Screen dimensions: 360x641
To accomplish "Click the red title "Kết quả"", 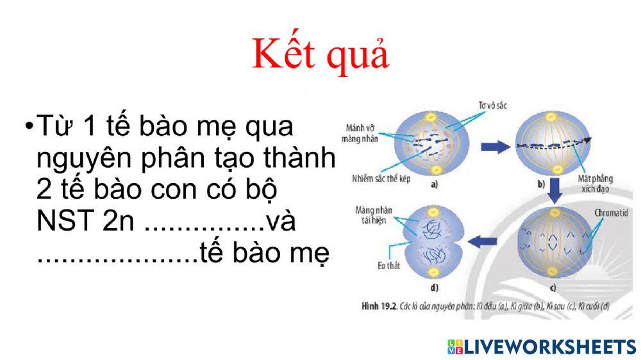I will (320, 54).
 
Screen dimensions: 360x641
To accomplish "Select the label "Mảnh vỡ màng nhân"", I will (361, 133).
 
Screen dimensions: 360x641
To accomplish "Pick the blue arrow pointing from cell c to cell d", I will (485, 241).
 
